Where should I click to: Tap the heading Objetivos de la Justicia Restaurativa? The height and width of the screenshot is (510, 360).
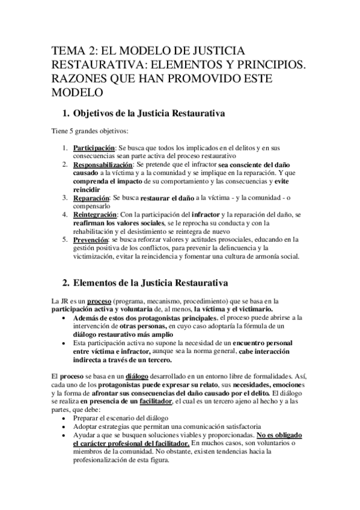pos(148,112)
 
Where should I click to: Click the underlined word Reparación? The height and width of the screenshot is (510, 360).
pos(91,197)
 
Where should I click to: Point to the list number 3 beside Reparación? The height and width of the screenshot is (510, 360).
pos(66,197)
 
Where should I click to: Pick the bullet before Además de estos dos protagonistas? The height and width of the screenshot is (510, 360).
pos(65,317)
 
